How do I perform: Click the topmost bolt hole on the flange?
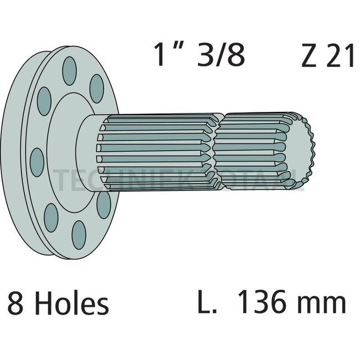tap(69, 71)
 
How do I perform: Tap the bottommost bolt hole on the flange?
tap(79, 235)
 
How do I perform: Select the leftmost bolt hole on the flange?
tap(37, 162)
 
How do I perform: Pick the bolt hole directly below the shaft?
tap(104, 204)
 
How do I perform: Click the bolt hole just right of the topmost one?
tap(97, 88)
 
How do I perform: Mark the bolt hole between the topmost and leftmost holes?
tap(44, 101)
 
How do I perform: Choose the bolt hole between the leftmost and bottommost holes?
tap(51, 218)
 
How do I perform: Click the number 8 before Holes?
tap(15, 304)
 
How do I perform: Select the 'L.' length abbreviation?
tap(207, 304)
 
